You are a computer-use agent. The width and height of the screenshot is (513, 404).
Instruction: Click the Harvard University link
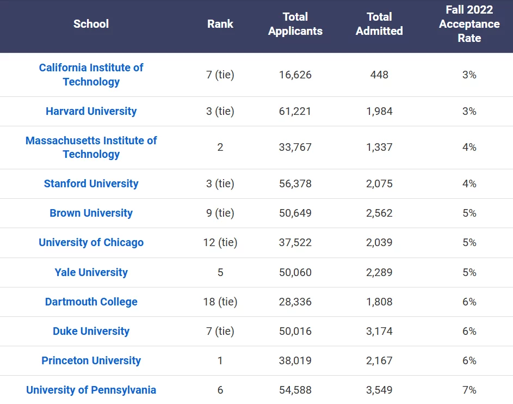91,111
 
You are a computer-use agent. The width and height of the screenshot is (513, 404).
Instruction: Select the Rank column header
220,24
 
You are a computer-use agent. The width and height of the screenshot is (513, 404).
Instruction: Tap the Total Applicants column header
295,24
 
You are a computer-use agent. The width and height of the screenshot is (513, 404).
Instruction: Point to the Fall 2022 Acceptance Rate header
469,24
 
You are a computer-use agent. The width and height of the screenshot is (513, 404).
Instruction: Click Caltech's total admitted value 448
379,75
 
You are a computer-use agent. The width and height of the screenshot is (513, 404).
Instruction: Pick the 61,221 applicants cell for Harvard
295,111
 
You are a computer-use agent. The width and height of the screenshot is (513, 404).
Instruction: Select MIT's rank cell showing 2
220,148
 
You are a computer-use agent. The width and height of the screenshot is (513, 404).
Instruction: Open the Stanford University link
91,183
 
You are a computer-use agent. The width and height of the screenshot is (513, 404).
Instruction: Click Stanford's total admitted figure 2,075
379,183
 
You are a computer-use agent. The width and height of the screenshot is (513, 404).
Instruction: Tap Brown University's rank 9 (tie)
220,213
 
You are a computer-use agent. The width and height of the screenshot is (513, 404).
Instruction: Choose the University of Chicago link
91,243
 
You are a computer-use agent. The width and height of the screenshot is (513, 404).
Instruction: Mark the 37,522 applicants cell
295,243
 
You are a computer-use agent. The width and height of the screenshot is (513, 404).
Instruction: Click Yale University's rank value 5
220,272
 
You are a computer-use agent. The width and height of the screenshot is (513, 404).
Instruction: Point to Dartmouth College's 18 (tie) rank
220,302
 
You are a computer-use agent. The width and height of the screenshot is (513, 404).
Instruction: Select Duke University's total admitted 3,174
379,332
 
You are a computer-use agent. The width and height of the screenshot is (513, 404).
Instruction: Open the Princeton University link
91,361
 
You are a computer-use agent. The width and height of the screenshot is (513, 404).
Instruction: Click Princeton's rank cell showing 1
220,361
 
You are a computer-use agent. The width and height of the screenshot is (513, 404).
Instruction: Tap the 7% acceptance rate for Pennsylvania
469,390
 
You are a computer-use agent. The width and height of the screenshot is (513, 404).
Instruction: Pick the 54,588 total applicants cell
295,390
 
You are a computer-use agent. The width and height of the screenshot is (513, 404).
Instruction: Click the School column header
91,24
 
